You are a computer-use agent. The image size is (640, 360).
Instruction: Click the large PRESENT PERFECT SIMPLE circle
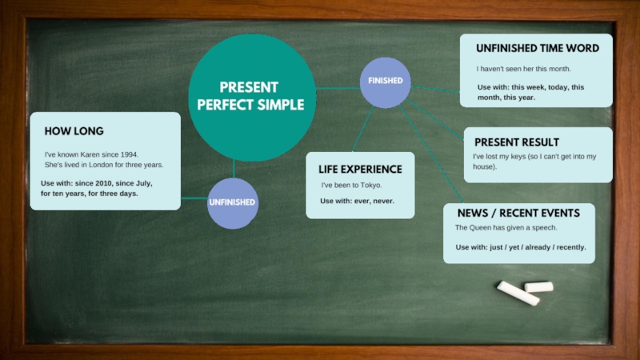(251, 97)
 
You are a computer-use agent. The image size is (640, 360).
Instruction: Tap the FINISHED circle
(385, 82)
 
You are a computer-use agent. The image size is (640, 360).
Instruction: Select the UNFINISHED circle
(232, 202)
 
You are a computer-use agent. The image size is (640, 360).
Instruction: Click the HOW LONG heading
(74, 131)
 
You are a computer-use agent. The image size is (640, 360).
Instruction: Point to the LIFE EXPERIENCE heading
(360, 170)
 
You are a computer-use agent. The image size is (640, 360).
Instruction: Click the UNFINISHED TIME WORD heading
(537, 49)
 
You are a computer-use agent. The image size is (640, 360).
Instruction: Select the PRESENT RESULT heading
(517, 142)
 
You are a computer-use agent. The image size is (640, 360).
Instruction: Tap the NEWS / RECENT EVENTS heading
(518, 214)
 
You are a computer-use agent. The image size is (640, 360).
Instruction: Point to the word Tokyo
(370, 186)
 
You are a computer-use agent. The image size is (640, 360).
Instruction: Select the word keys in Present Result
(519, 157)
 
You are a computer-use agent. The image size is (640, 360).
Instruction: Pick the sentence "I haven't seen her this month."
(523, 69)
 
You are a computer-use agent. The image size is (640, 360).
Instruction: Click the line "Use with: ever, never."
(357, 201)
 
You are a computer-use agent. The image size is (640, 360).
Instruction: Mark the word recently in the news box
(570, 248)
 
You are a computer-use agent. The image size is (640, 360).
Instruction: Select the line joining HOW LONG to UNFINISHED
(194, 198)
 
